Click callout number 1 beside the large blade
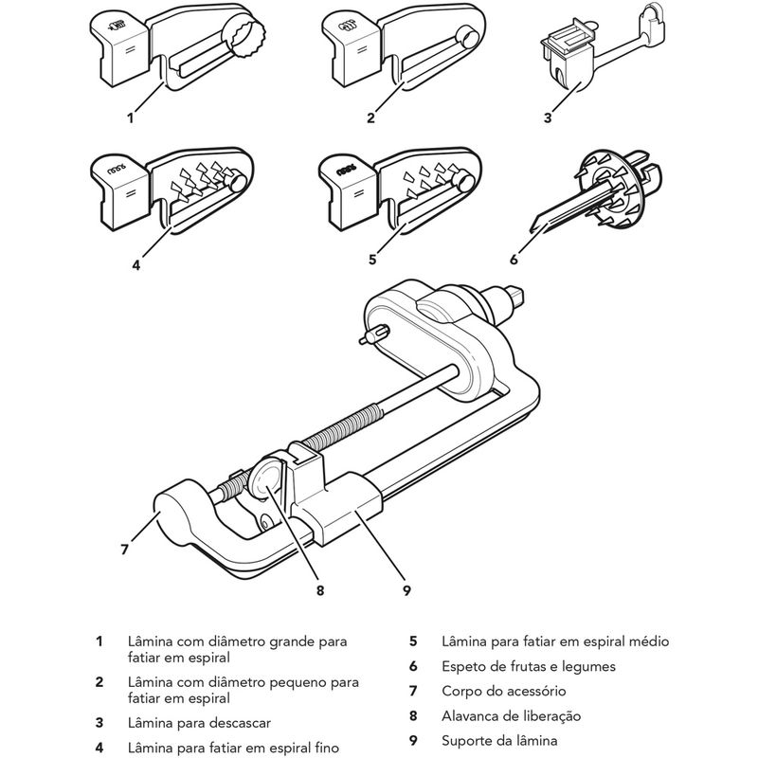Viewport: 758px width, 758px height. tap(130, 117)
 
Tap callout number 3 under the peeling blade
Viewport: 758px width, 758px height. tap(548, 117)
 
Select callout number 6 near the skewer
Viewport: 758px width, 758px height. tap(514, 260)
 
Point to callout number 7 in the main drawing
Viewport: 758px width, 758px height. tap(125, 550)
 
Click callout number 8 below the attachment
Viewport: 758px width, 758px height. tap(320, 590)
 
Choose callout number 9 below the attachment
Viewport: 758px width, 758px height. tap(406, 590)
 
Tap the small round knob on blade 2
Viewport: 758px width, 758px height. tap(468, 37)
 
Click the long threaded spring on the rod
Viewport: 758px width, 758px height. tap(344, 425)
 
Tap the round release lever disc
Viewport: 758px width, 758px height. tap(266, 478)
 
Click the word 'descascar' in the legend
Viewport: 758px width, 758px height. tap(240, 723)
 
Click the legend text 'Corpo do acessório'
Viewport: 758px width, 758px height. tap(504, 692)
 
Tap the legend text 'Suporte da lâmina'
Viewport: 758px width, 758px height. tap(499, 741)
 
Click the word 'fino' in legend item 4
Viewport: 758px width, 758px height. tap(326, 749)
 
